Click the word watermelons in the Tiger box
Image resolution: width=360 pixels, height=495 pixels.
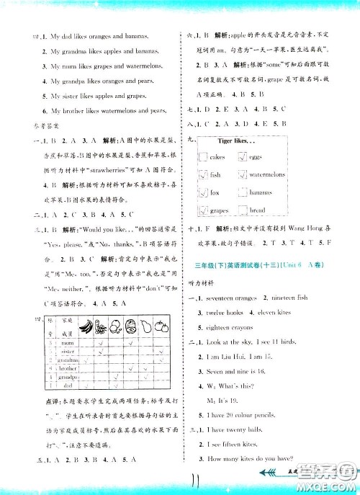(268, 175)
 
